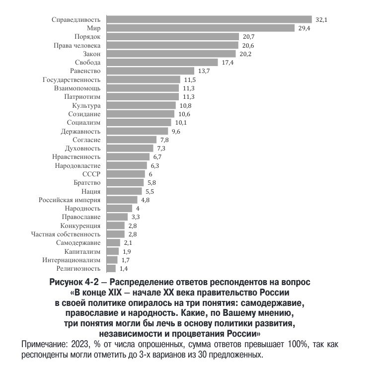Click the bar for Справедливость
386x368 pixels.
[x=209, y=19]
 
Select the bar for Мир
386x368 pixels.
[x=201, y=28]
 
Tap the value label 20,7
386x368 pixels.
[x=248, y=37]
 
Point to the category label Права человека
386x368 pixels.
[x=77, y=46]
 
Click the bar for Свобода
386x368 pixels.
[x=162, y=62]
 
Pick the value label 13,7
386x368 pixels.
[x=204, y=71]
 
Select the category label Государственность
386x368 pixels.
[x=72, y=80]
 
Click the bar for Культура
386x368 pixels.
[x=141, y=105]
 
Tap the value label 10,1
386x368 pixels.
[x=181, y=123]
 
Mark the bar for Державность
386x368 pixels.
[x=138, y=131]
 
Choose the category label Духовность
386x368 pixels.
[x=82, y=148]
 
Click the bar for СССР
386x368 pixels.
[x=126, y=174]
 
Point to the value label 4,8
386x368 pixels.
[x=145, y=200]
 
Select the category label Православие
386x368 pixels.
[x=81, y=217]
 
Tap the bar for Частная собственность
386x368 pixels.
[x=116, y=234]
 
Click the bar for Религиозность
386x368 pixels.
[x=111, y=268]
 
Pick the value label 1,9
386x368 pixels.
[x=127, y=252]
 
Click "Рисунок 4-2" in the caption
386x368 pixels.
[x=74, y=282]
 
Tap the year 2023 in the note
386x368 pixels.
[x=80, y=344]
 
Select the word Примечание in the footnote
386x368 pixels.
[x=44, y=344]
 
